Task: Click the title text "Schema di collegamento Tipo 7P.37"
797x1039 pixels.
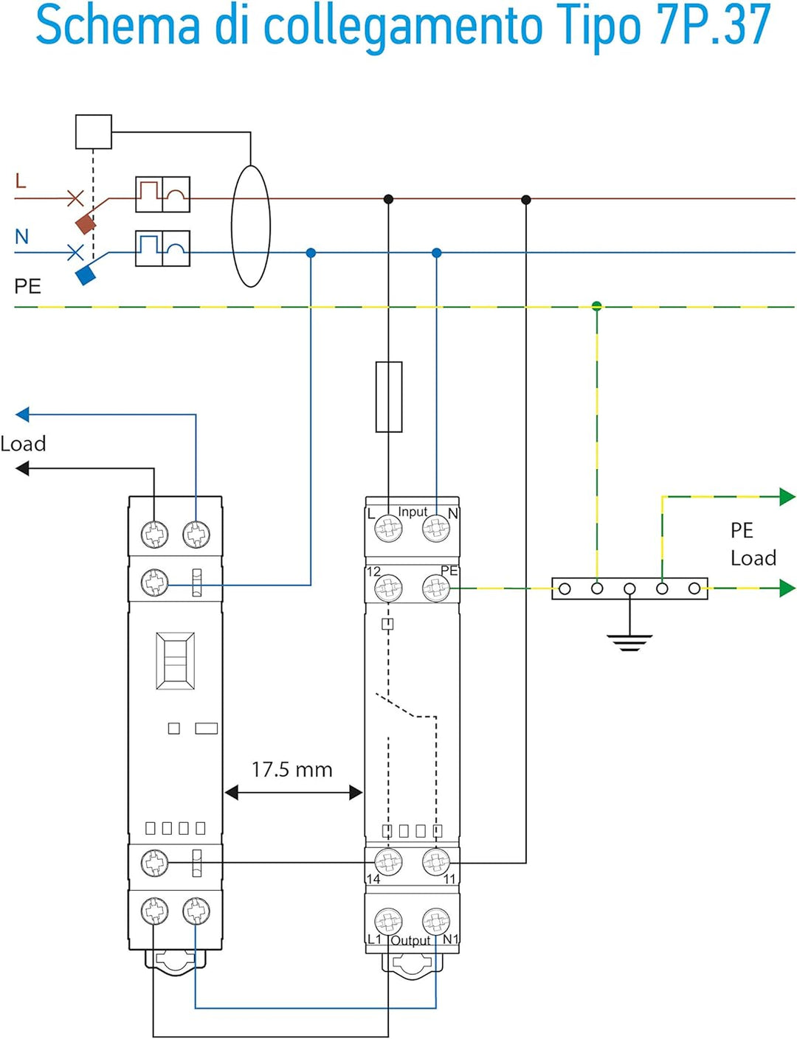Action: pyautogui.click(x=403, y=27)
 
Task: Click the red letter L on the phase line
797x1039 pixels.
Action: pyautogui.click(x=21, y=181)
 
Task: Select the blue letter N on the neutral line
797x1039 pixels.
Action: pyautogui.click(x=21, y=237)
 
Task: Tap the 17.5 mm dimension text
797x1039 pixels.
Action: pyautogui.click(x=291, y=770)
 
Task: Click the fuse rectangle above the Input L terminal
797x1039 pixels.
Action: pyautogui.click(x=389, y=397)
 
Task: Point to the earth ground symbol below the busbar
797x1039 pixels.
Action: pyautogui.click(x=629, y=642)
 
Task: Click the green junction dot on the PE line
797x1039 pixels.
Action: pyautogui.click(x=597, y=306)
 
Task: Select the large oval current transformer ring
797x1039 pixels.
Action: pyautogui.click(x=251, y=226)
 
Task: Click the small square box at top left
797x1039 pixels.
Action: pyautogui.click(x=94, y=132)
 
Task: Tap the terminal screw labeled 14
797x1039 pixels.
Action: pyautogui.click(x=389, y=861)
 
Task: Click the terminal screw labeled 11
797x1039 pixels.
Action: pyautogui.click(x=436, y=861)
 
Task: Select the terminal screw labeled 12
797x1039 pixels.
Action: pyautogui.click(x=389, y=588)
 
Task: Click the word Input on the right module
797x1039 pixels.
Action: pyautogui.click(x=413, y=512)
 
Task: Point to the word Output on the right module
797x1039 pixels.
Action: pyautogui.click(x=410, y=940)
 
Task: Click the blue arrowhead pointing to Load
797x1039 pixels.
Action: pyautogui.click(x=23, y=414)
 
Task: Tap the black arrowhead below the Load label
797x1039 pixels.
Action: pyautogui.click(x=23, y=468)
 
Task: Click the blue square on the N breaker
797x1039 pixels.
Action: pyautogui.click(x=86, y=276)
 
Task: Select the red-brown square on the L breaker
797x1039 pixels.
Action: pyautogui.click(x=86, y=223)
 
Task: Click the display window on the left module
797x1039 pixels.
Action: pyautogui.click(x=176, y=661)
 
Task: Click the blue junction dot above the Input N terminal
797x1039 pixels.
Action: pyautogui.click(x=436, y=253)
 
